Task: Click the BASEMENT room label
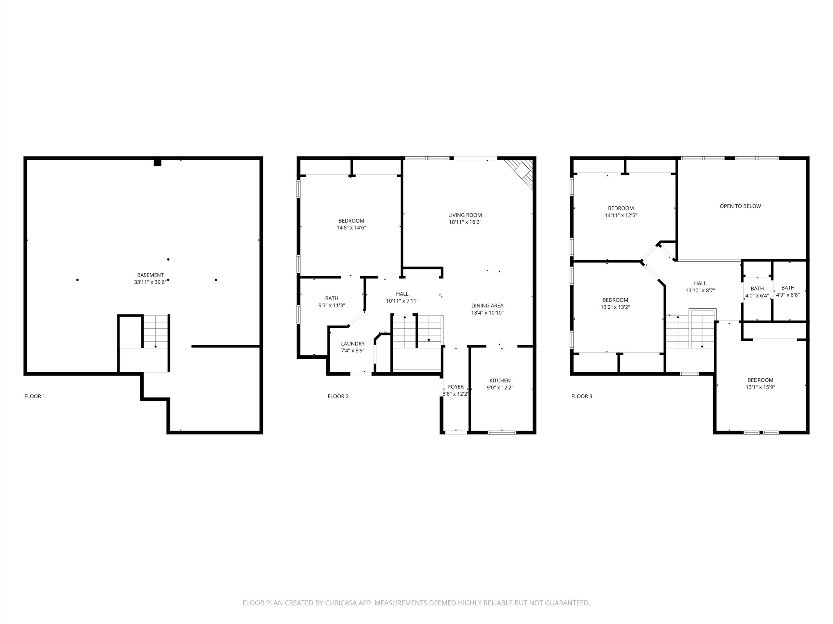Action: [150, 275]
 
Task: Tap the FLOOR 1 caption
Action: [34, 396]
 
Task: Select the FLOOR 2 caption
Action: [338, 396]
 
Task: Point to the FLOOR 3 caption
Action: [581, 396]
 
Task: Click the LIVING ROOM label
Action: [465, 215]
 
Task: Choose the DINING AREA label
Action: [487, 306]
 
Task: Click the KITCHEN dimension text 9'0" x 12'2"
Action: [500, 387]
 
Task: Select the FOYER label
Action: [456, 387]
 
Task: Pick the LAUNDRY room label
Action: [352, 344]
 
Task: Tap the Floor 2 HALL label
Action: [402, 294]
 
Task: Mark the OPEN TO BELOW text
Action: [740, 206]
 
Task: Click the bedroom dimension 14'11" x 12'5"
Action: [621, 215]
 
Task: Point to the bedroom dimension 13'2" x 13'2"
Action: [615, 307]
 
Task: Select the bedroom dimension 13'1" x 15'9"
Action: [760, 387]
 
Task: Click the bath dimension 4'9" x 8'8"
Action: [787, 295]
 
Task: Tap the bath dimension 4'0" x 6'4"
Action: [757, 296]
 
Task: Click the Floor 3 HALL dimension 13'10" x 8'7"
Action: [700, 290]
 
